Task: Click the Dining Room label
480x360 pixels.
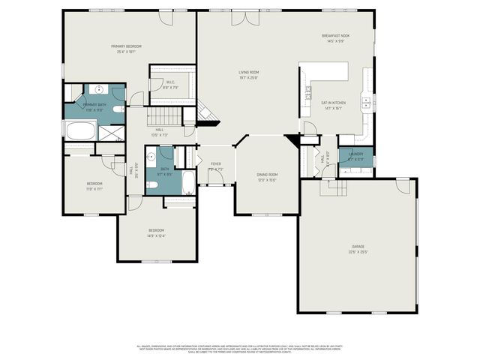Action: (x=268, y=175)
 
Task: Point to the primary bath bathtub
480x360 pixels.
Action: (x=80, y=132)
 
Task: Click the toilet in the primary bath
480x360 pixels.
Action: (x=118, y=109)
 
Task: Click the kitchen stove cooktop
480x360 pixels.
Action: (x=308, y=94)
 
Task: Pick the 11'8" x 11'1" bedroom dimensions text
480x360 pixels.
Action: (x=94, y=189)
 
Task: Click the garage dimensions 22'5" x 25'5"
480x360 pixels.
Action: (x=358, y=251)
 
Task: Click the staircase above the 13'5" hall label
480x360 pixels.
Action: (x=163, y=116)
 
